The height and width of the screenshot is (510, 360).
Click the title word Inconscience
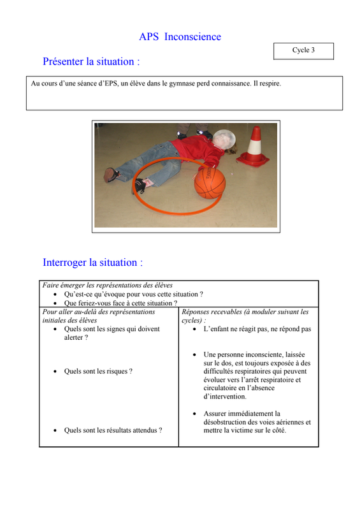[192, 37]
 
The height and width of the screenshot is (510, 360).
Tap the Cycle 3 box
[303, 51]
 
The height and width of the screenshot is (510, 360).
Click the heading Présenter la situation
[91, 61]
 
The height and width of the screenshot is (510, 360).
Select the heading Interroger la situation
[92, 263]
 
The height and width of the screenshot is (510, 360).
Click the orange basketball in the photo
[210, 183]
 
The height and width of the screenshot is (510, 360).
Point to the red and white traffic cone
[254, 147]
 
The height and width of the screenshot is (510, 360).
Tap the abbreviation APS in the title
[148, 37]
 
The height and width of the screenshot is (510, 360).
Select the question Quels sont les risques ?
[98, 371]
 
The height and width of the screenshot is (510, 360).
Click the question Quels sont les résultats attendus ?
[113, 430]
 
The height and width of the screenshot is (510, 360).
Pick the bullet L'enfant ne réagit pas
[257, 329]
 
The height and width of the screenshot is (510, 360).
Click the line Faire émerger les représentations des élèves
[107, 285]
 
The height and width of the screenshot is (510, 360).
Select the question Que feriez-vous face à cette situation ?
[120, 303]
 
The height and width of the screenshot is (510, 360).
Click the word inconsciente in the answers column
[261, 354]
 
